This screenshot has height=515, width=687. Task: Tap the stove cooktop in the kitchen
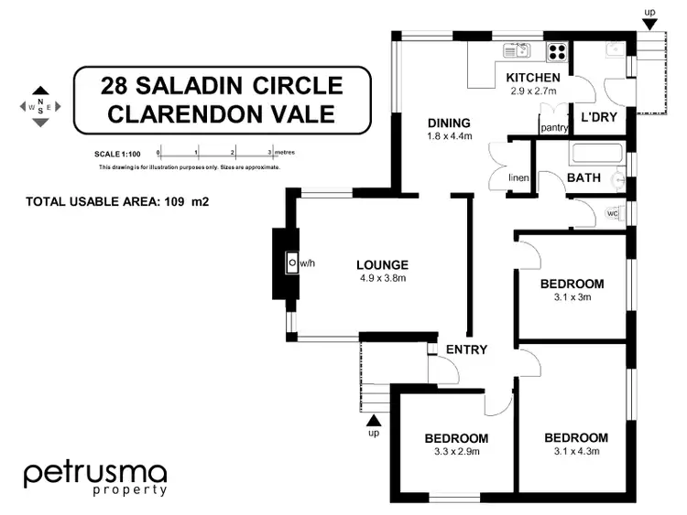555,51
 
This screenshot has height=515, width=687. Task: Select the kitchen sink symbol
517,50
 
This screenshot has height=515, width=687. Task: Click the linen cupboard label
520,177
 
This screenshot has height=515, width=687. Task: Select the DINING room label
448,123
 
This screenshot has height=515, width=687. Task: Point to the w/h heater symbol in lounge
292,263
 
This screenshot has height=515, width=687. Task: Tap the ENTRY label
465,349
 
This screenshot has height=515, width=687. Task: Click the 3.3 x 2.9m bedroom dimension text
455,451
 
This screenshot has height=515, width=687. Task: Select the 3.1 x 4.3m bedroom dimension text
575,451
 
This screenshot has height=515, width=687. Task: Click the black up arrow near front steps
372,420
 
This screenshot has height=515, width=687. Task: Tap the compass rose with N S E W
39,107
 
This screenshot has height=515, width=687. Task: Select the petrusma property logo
94,477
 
